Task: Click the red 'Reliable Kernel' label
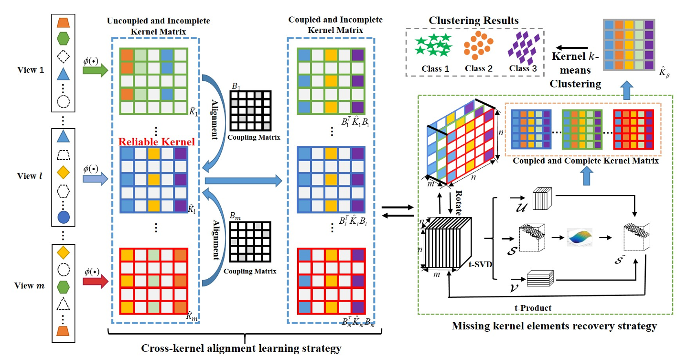[156, 142]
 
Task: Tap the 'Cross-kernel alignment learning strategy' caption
[241, 348]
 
